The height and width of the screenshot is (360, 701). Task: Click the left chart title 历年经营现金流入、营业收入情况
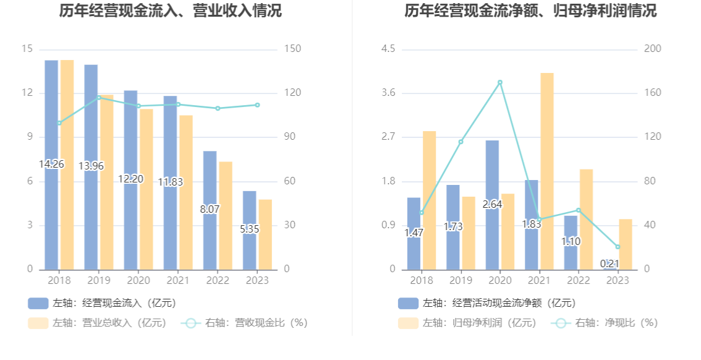[x=171, y=11]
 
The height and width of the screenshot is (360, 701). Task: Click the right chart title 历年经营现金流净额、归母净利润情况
[x=530, y=11]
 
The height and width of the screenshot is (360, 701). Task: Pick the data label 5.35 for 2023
[x=250, y=229]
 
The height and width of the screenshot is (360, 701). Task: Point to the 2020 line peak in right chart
[x=500, y=82]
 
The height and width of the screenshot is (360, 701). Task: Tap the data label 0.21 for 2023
[x=610, y=264]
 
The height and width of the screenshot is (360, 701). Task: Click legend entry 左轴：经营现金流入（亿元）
[x=103, y=303]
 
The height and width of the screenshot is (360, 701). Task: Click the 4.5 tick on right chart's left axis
[x=388, y=49]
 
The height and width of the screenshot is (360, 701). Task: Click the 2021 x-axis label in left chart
[x=178, y=280]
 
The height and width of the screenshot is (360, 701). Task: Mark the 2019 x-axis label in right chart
[x=461, y=280]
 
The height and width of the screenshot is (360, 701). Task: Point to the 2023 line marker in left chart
[x=257, y=105]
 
